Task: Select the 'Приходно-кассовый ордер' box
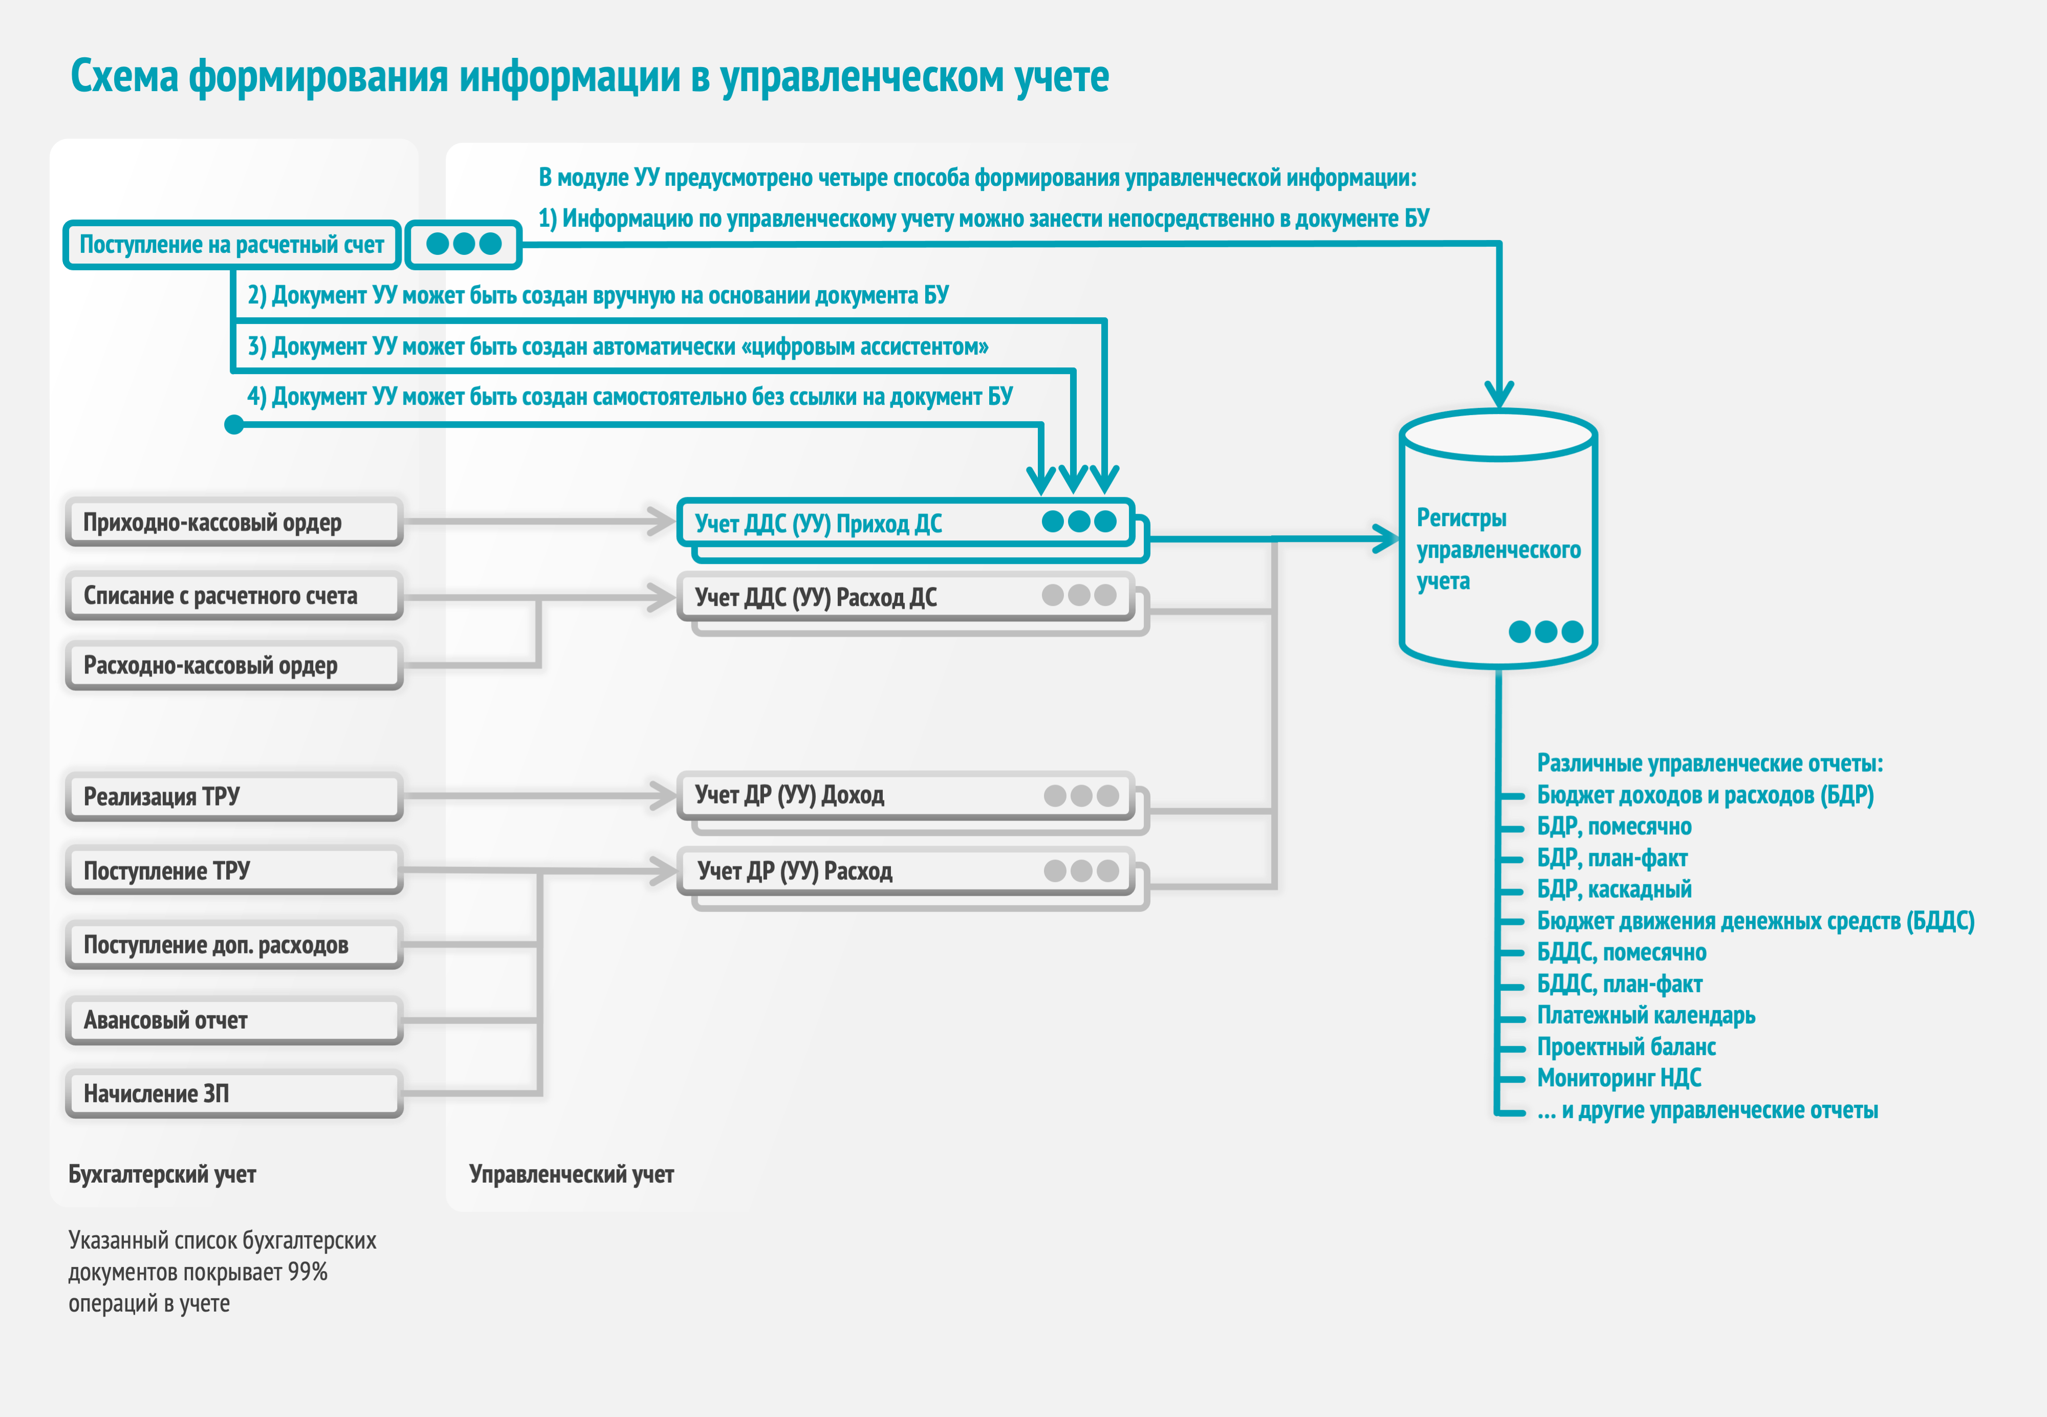coord(233,522)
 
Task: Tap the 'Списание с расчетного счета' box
coord(233,596)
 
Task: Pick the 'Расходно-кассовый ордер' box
coord(233,666)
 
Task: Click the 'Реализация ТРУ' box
coord(233,796)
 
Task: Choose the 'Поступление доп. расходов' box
coord(233,945)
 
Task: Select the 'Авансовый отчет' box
coord(233,1020)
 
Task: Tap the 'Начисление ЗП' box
coord(233,1094)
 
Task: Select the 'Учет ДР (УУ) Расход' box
coord(905,871)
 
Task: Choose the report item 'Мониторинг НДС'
coord(1619,1078)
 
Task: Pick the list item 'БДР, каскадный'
coord(1614,889)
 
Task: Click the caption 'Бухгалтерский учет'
coord(162,1174)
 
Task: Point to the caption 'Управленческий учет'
coord(572,1174)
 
